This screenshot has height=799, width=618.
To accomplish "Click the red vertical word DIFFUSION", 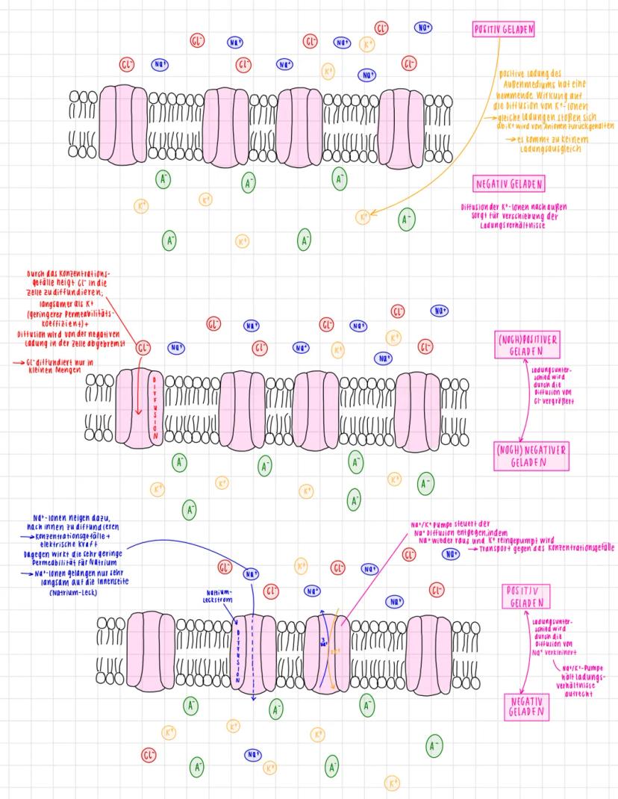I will pyautogui.click(x=154, y=408).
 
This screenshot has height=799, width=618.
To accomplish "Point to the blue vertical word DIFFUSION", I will pyautogui.click(x=238, y=650).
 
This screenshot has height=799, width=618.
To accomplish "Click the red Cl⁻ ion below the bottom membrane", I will pyautogui.click(x=149, y=754).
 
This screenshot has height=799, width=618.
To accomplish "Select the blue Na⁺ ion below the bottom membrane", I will pyautogui.click(x=253, y=754).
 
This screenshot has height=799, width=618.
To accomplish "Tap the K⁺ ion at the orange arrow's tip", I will pyautogui.click(x=363, y=217).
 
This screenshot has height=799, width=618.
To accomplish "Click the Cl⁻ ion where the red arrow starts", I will pyautogui.click(x=143, y=347).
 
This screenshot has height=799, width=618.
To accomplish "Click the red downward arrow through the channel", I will pyautogui.click(x=137, y=396).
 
